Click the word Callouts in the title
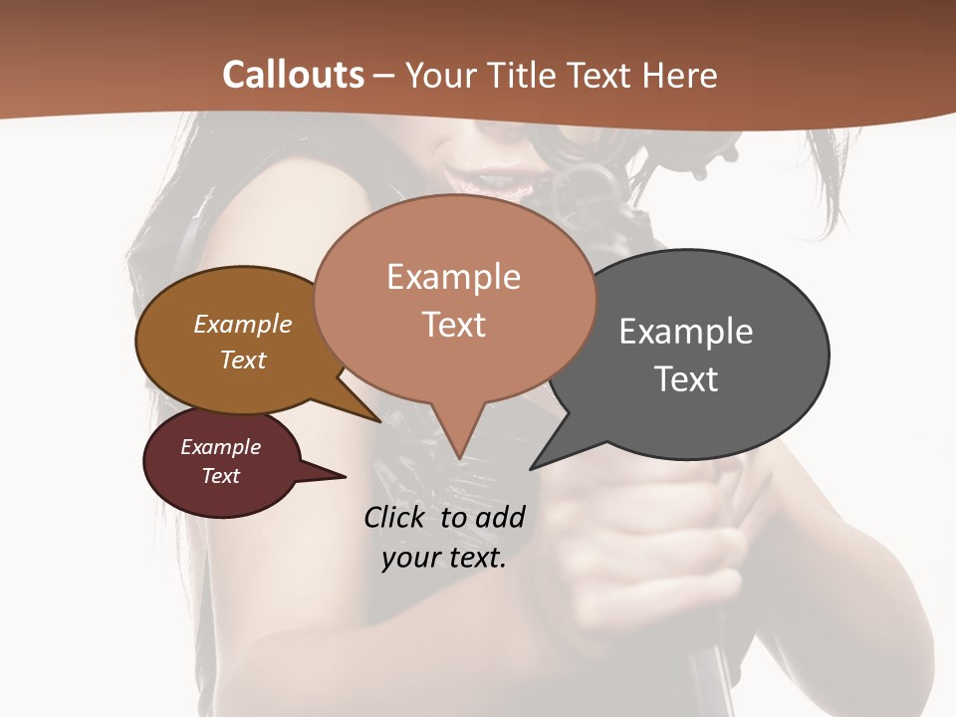pos(293,75)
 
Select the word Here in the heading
pos(680,76)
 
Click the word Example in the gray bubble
pos(685,331)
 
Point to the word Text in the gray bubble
pos(685,379)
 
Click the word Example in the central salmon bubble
pos(453,277)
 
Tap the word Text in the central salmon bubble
pos(454,325)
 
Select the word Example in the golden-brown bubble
pos(242,324)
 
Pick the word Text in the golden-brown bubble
pos(243,359)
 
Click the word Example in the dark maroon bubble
pos(220,447)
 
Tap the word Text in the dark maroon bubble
pos(220,476)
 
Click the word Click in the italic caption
pos(396,517)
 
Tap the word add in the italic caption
pos(499,517)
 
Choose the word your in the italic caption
pos(409,558)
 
